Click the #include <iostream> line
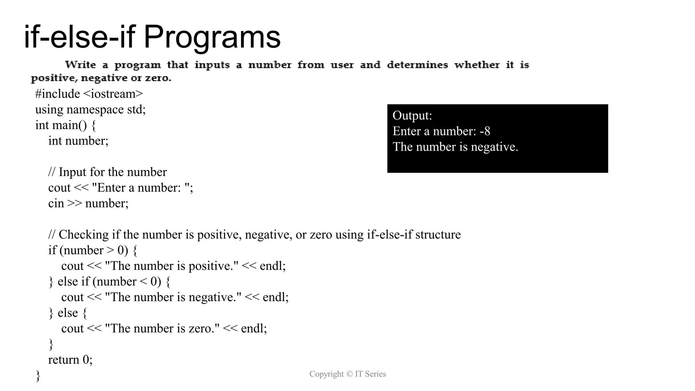89,94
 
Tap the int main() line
65,125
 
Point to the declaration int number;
78,141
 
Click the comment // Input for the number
107,172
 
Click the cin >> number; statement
88,203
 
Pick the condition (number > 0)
94,250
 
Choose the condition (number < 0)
127,281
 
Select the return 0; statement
70,359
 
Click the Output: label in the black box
412,115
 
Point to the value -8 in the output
485,131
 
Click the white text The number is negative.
455,147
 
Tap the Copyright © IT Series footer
347,374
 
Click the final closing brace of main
38,376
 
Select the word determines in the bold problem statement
417,64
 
